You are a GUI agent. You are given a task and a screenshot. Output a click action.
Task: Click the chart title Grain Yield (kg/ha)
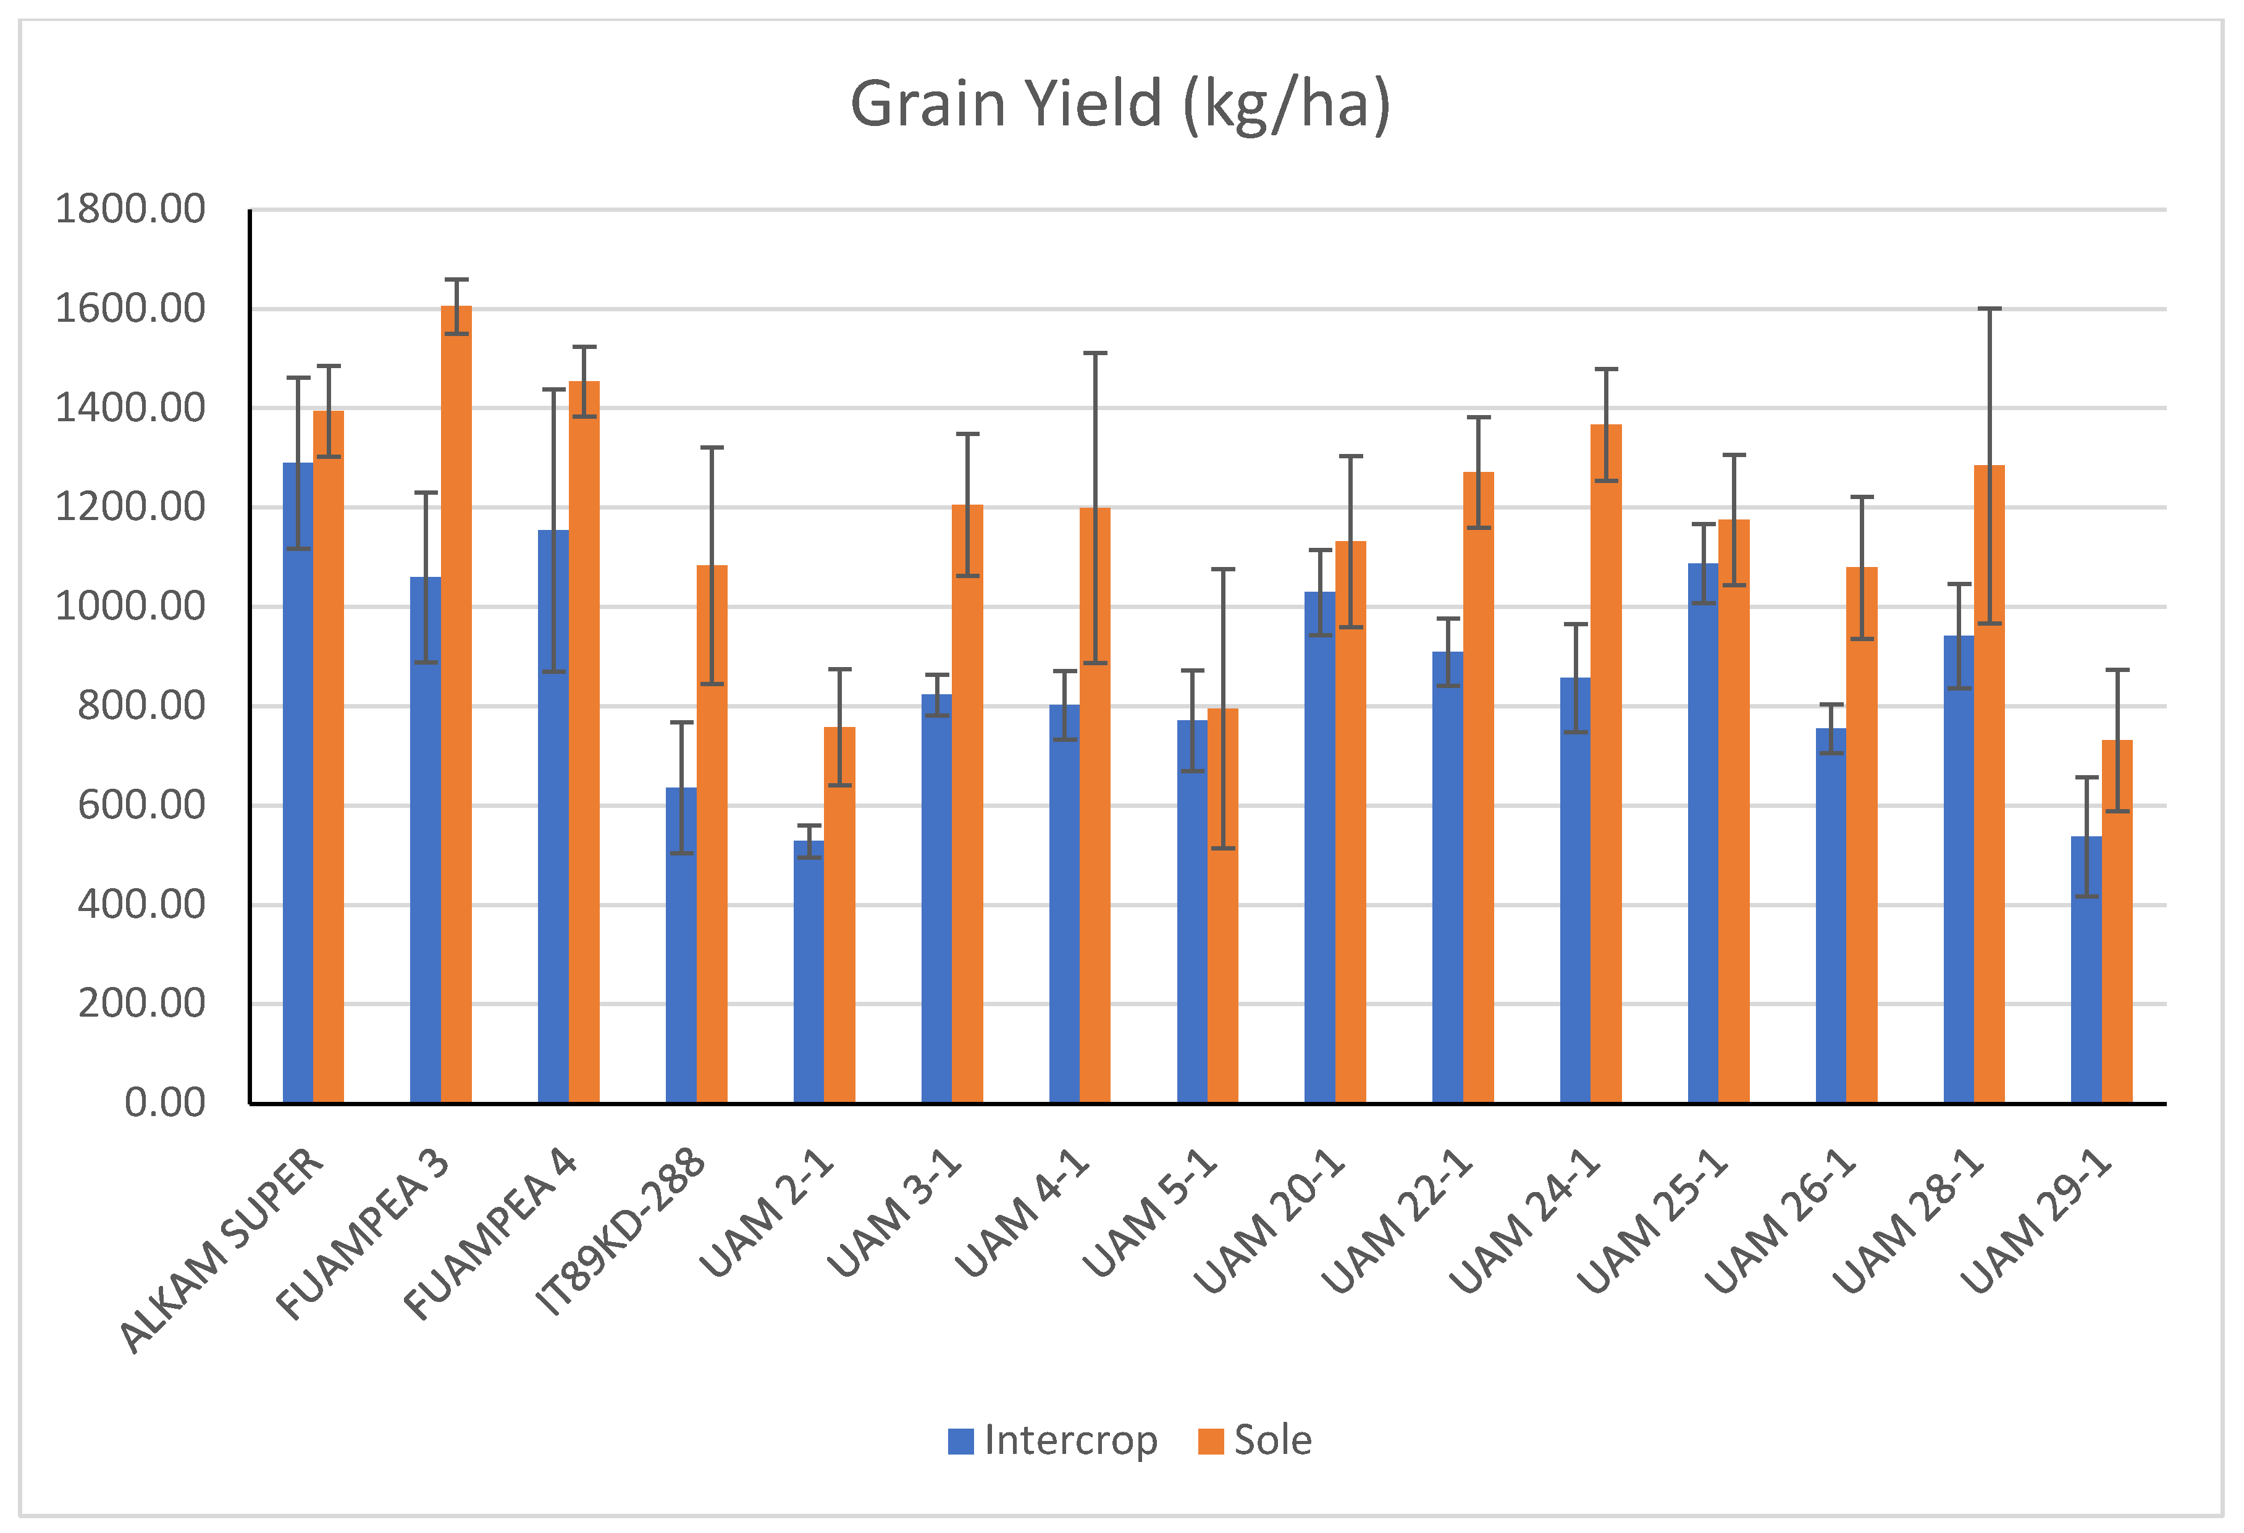(x=1120, y=104)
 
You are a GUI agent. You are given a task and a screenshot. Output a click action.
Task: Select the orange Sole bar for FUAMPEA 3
(x=456, y=705)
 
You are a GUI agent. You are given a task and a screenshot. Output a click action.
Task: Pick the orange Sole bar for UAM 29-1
(x=2117, y=922)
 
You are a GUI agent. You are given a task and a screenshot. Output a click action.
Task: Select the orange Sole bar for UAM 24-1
(x=1606, y=763)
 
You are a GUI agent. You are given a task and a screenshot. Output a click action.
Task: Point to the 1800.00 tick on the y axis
(x=130, y=209)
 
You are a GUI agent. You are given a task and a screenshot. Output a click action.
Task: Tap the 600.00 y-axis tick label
(x=142, y=805)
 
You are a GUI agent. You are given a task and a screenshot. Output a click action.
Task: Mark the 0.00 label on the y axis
(x=165, y=1102)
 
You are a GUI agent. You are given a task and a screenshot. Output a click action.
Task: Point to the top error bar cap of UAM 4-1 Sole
(x=1095, y=353)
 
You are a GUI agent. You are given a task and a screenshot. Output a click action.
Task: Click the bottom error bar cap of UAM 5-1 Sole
(x=1222, y=849)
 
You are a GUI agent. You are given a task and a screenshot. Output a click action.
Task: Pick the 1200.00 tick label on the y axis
(x=130, y=507)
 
